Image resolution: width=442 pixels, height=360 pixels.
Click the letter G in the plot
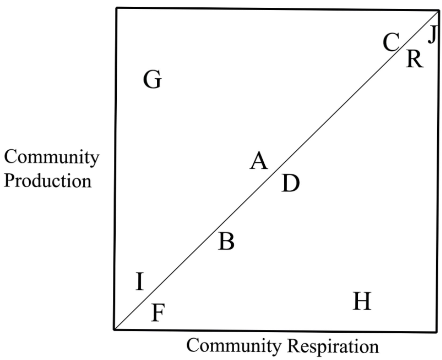(x=152, y=80)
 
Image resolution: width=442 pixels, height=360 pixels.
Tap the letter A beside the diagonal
(x=259, y=161)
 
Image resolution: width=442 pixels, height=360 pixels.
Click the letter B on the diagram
(x=226, y=241)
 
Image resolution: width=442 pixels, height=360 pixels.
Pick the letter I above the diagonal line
(x=140, y=282)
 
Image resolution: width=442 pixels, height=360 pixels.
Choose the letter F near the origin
(x=157, y=313)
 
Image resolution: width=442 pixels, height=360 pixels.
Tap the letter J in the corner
(x=431, y=35)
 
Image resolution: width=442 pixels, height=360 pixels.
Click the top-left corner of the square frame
(x=117, y=8)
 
